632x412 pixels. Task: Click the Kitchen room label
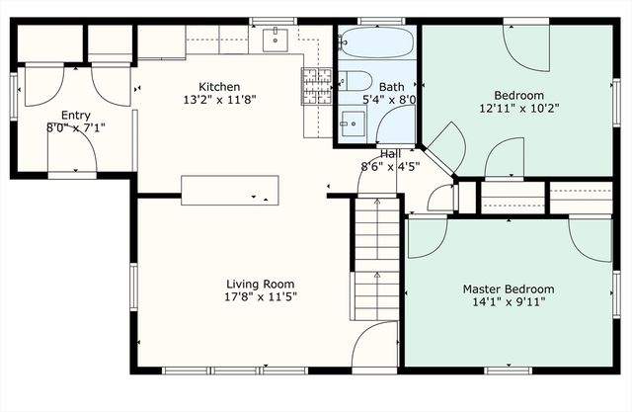click(x=219, y=87)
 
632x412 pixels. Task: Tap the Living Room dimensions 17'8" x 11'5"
click(x=261, y=297)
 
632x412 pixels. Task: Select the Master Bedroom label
click(x=509, y=289)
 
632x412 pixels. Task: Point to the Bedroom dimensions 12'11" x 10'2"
click(x=519, y=109)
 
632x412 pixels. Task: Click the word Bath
click(x=391, y=87)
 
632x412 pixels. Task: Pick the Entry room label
click(x=76, y=116)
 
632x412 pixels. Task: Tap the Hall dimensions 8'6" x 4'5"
click(x=390, y=167)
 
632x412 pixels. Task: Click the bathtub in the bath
click(x=376, y=42)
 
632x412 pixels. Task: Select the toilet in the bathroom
click(x=355, y=81)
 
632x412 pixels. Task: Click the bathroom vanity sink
click(x=353, y=124)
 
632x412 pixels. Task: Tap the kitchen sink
click(x=275, y=40)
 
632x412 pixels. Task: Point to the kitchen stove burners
click(x=316, y=86)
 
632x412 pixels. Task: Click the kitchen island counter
click(x=230, y=191)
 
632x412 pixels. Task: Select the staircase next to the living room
click(x=377, y=258)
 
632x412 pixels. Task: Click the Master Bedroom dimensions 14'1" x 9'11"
click(x=509, y=302)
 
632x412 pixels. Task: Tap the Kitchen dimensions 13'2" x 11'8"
click(x=219, y=100)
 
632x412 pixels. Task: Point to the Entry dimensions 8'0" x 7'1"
click(x=76, y=128)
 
